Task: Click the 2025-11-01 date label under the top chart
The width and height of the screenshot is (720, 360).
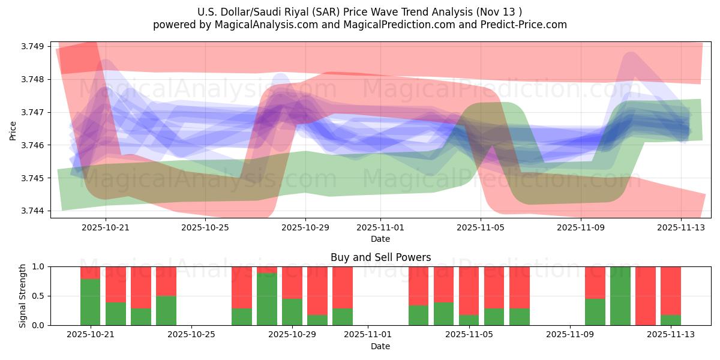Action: point(380,227)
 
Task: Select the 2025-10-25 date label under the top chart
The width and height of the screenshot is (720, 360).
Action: point(206,227)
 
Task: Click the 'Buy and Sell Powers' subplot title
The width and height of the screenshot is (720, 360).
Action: point(380,257)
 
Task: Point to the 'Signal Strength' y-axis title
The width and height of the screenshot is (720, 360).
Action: point(22,296)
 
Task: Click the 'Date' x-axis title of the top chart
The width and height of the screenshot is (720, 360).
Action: point(380,239)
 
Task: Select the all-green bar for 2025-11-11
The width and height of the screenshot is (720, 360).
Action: point(620,296)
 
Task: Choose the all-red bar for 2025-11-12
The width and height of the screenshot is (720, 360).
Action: point(646,296)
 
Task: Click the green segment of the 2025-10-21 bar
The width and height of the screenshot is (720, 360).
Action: point(91,302)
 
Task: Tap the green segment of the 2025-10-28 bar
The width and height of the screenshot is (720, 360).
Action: point(267,299)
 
